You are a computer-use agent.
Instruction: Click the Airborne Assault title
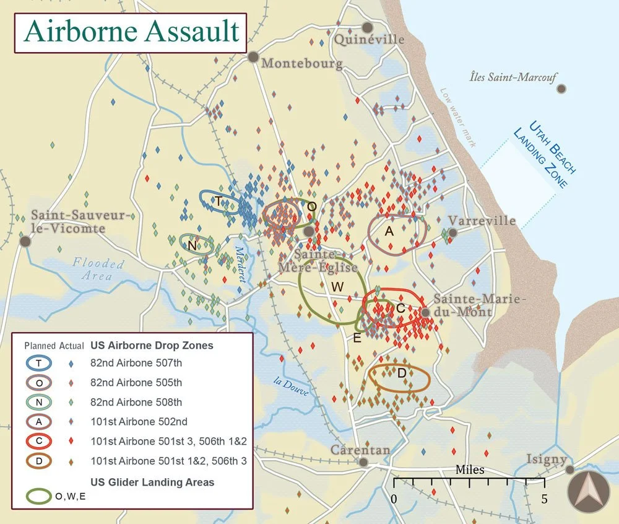coord(132,31)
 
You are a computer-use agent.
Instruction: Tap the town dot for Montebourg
coord(253,57)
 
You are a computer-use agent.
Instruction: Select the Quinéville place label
coord(369,40)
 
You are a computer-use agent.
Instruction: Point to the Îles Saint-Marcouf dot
coord(561,89)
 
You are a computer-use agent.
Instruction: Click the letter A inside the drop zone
coord(389,231)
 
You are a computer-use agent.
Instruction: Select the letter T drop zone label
coord(218,201)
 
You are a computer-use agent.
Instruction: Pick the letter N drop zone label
coord(192,246)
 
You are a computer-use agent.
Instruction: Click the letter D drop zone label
coord(401,373)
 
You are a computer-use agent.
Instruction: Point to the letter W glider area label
coord(337,286)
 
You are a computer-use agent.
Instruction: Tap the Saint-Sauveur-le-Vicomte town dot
coord(25,241)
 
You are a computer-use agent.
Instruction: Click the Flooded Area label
coord(98,269)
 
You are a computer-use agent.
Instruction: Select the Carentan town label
coord(360,450)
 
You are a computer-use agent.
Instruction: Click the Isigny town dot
coord(569,469)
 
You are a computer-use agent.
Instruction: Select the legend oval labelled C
coord(39,442)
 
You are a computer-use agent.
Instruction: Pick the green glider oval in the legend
coord(39,496)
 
